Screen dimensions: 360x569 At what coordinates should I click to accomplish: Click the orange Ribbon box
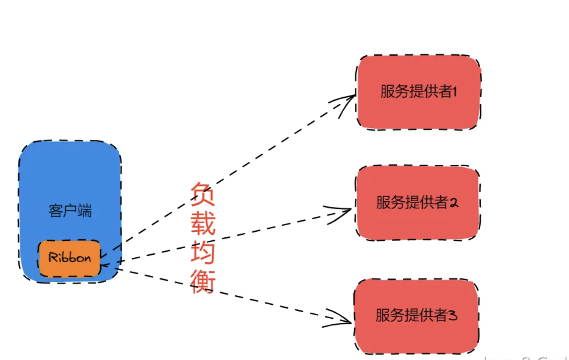(70, 258)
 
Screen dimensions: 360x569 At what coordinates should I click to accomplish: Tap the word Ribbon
(70, 258)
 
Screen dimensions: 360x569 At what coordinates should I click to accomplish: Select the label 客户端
(70, 211)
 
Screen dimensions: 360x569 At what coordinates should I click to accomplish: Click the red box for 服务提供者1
(418, 92)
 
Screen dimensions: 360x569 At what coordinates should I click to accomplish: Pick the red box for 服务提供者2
(417, 203)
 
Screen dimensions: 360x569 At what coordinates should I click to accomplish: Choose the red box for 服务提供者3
(416, 316)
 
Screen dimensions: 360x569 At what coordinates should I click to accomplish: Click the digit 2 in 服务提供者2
(453, 203)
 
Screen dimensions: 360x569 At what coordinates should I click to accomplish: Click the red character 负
(203, 194)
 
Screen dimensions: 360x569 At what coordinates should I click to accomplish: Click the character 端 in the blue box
(84, 211)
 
